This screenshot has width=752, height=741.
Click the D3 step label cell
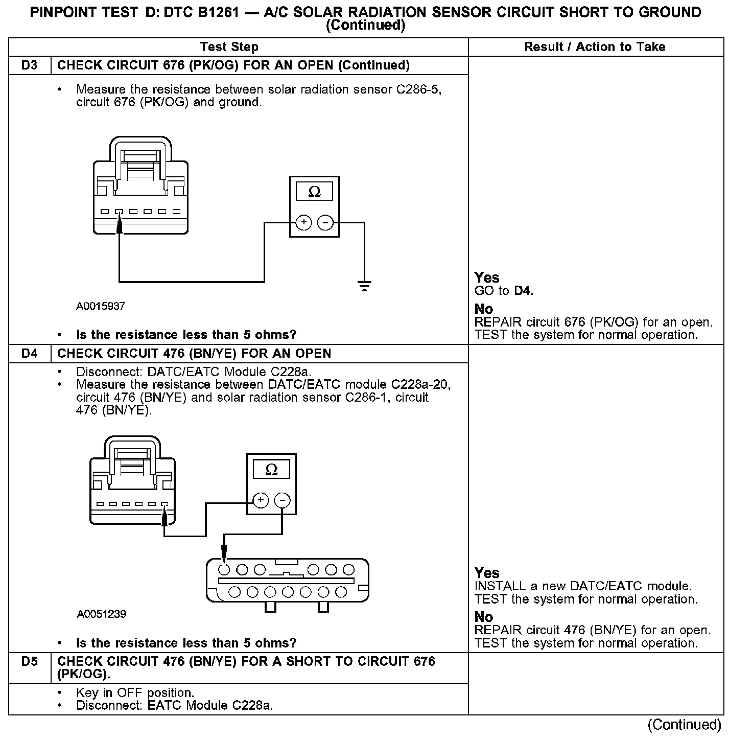(x=30, y=65)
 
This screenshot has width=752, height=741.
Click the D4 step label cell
(x=30, y=354)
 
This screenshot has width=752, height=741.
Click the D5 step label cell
(x=30, y=662)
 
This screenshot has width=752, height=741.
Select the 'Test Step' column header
(x=229, y=47)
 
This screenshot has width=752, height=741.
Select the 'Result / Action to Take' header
(x=595, y=47)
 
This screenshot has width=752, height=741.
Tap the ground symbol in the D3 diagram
(x=364, y=286)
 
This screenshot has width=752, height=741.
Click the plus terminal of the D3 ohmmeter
(x=304, y=223)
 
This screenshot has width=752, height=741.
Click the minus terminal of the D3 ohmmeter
(x=325, y=223)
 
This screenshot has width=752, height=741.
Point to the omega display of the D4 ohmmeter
(x=271, y=469)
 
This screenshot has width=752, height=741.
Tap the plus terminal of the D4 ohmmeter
(x=261, y=500)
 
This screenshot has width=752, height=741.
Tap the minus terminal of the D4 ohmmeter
(x=283, y=500)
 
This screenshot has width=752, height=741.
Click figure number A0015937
(x=101, y=307)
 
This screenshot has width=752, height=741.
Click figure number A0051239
(x=101, y=614)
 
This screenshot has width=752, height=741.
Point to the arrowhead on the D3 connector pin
(x=120, y=225)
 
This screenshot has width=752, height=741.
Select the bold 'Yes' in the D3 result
(x=486, y=277)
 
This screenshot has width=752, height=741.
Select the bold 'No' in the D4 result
(x=483, y=617)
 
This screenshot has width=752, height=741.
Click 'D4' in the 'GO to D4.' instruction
(x=522, y=291)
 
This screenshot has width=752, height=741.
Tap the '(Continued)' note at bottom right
(x=684, y=725)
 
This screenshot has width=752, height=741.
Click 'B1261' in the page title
(x=214, y=12)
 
